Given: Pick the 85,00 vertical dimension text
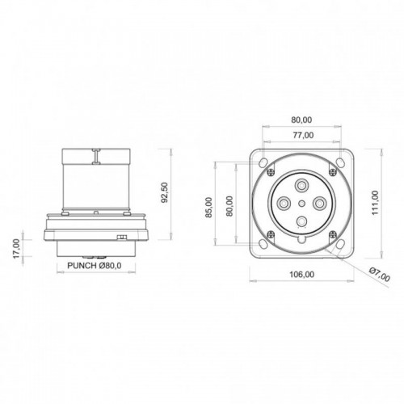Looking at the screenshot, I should click(x=209, y=207).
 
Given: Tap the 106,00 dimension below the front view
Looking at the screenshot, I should click(x=301, y=275).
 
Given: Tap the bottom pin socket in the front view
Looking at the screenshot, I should click(x=301, y=221).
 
